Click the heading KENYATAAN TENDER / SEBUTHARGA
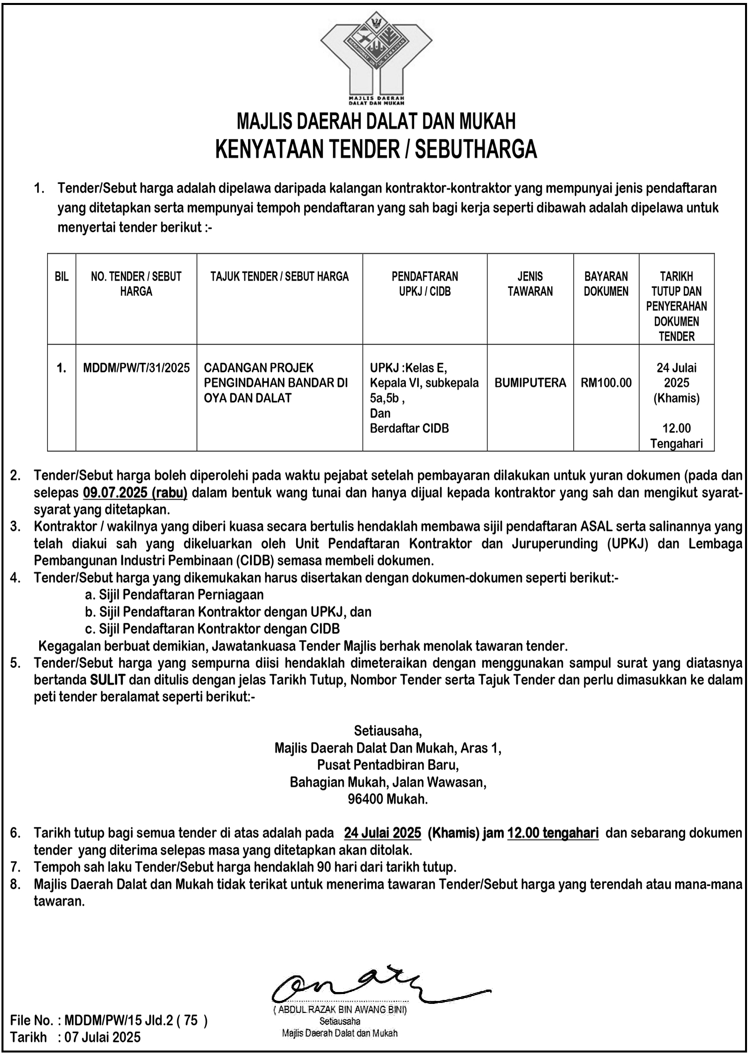pyautogui.click(x=376, y=149)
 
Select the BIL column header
pyautogui.click(x=62, y=277)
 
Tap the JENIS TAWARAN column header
pyautogui.click(x=530, y=284)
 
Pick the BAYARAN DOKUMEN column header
pyautogui.click(x=606, y=284)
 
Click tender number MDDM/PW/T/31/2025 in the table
pyautogui.click(x=136, y=368)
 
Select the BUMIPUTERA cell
pyautogui.click(x=530, y=383)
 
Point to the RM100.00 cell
pyautogui.click(x=606, y=383)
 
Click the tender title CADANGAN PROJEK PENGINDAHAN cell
pyautogui.click(x=276, y=383)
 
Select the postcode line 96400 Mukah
pyautogui.click(x=388, y=799)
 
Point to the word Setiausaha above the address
pyautogui.click(x=388, y=731)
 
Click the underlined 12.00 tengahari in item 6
pyautogui.click(x=553, y=833)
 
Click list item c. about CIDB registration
pyautogui.click(x=212, y=629)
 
